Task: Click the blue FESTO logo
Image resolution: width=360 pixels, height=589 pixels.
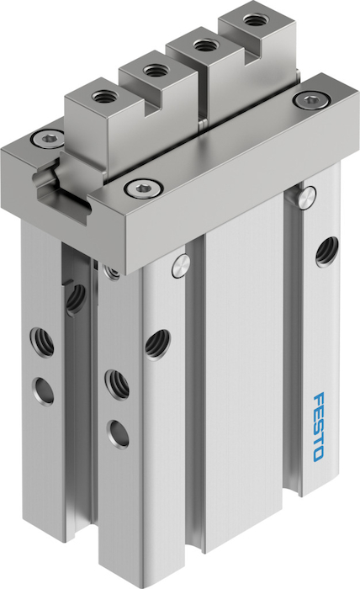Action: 318,427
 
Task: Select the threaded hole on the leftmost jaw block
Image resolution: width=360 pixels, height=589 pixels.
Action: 102,98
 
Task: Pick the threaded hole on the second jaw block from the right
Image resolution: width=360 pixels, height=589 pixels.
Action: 204,45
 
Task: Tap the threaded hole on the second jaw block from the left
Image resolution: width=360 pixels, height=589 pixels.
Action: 154,70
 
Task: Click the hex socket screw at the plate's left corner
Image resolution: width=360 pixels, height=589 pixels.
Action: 48,140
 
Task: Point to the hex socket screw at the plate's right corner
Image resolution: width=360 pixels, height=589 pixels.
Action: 311,100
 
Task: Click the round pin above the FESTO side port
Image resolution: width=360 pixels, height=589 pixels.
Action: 308,197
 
